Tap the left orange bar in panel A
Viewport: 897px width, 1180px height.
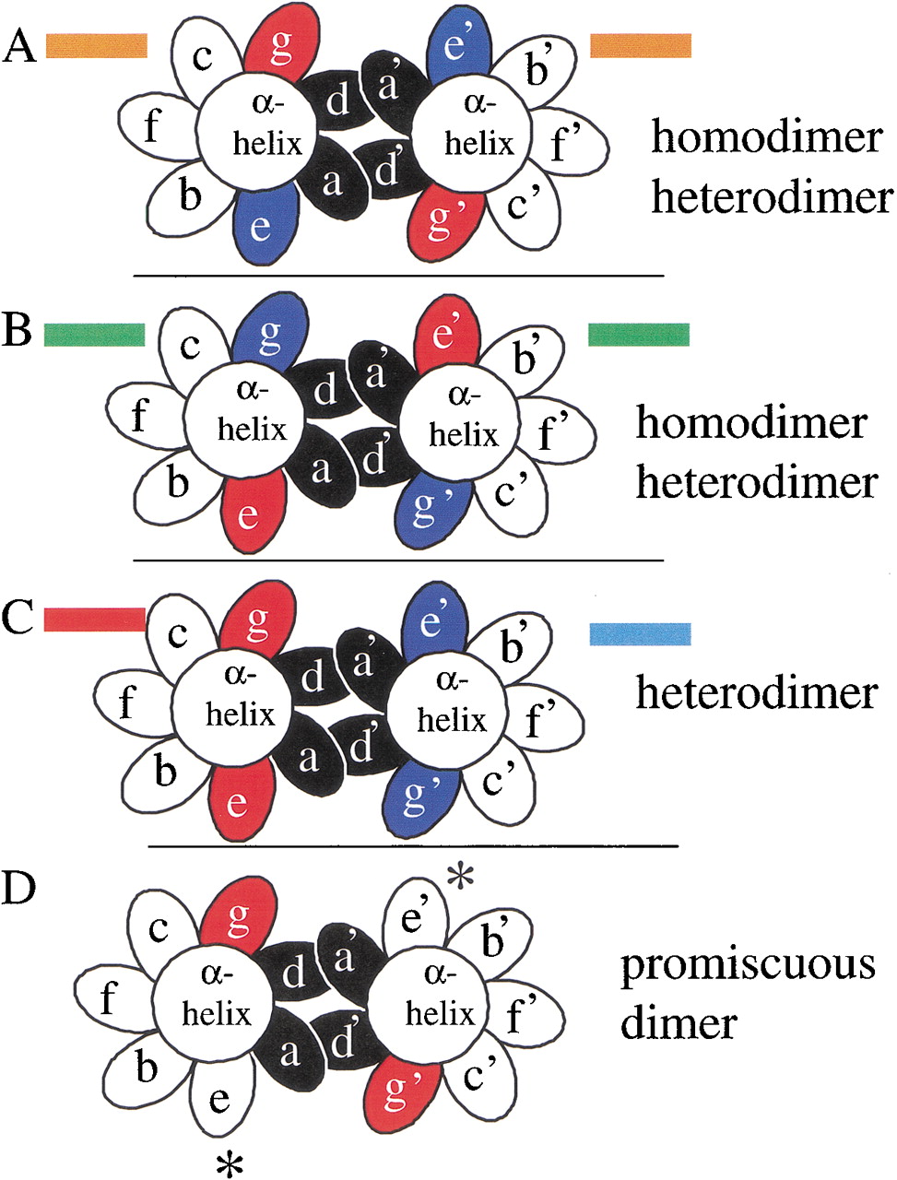[x=96, y=45]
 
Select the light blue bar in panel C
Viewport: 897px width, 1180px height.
[x=640, y=633]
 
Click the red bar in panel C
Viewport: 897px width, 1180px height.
[x=94, y=619]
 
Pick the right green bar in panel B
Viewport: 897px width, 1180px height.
[x=638, y=334]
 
